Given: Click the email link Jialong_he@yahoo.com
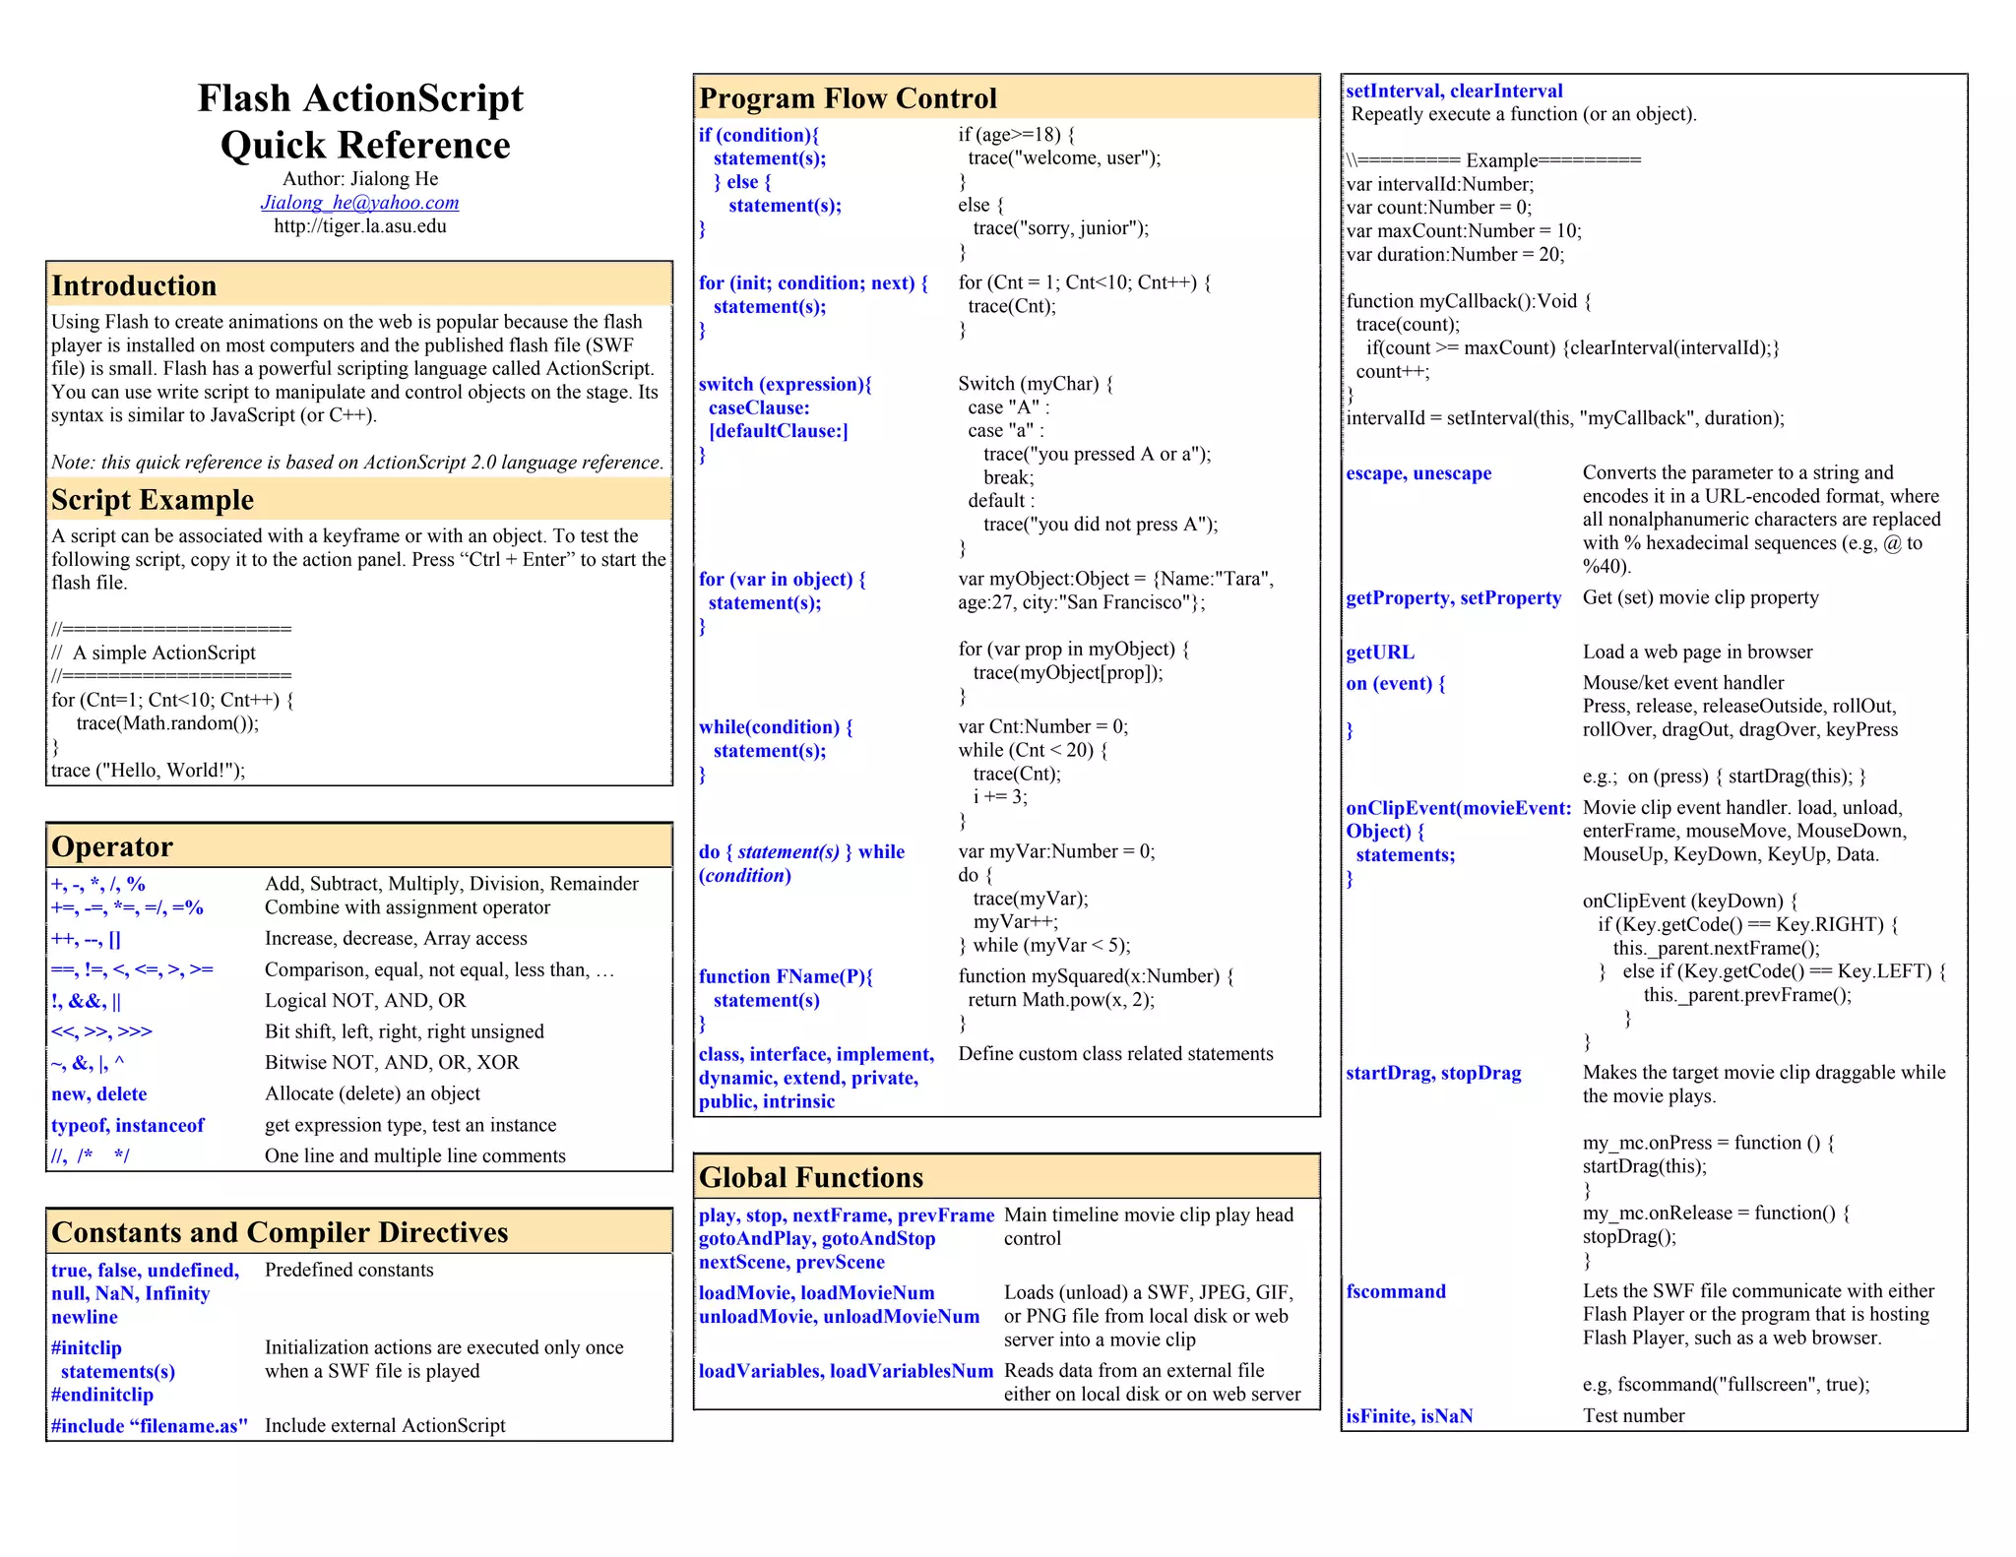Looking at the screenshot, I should tap(359, 203).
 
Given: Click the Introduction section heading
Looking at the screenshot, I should tap(134, 285).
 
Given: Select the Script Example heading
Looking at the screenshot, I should tap(153, 500).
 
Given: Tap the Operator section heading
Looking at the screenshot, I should tap(112, 846).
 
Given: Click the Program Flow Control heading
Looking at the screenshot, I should tap(848, 98).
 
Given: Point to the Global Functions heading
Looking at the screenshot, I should tap(811, 1177).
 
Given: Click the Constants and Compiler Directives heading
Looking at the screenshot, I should tap(280, 1232).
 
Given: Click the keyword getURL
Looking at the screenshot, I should tap(1379, 653).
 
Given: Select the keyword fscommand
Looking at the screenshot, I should tap(1395, 1291).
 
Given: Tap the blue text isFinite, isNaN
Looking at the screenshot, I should tap(1409, 1416).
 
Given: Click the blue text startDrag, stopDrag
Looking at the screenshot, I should tap(1432, 1073).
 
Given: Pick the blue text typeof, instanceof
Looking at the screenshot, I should tap(128, 1125).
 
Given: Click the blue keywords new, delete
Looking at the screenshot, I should tap(98, 1094).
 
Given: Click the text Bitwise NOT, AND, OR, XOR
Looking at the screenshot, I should tap(392, 1063).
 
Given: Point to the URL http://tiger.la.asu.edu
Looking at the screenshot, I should tap(359, 226).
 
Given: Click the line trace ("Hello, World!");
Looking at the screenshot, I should tap(149, 771).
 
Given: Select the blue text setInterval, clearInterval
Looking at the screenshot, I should tap(1453, 92).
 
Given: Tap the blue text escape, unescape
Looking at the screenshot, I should tap(1417, 473).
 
